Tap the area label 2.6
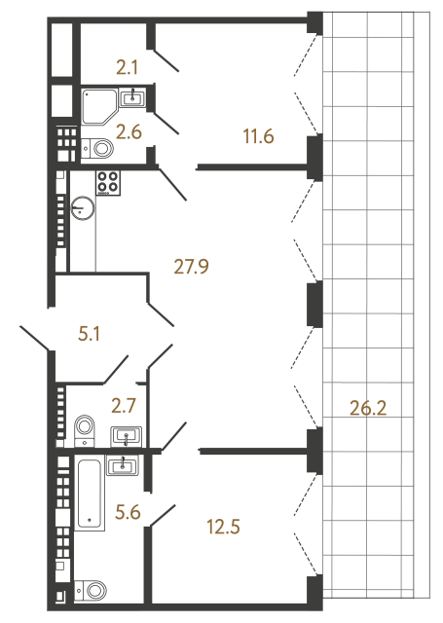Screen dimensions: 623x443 (129, 131)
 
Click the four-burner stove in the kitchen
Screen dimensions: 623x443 (107, 181)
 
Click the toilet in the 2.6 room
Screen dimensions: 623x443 (97, 149)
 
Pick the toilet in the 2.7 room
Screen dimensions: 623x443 (85, 424)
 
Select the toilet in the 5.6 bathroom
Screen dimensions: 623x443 (95, 590)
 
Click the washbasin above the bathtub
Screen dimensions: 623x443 (125, 466)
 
